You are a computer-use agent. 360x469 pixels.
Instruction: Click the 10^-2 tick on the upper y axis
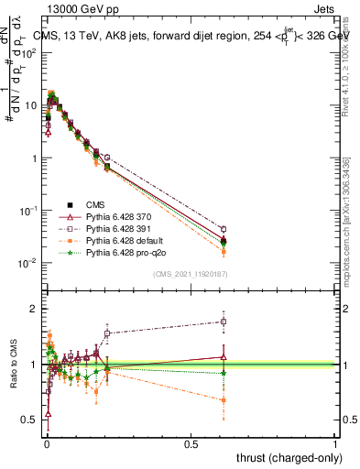tap(27, 264)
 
